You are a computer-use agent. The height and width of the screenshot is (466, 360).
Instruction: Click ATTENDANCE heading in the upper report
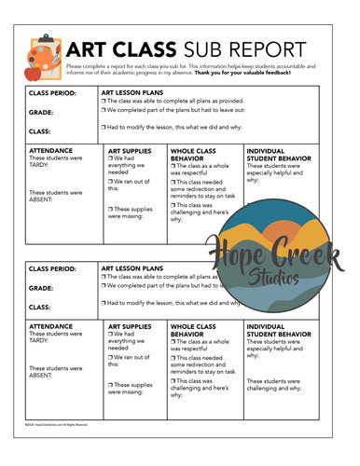click(53, 150)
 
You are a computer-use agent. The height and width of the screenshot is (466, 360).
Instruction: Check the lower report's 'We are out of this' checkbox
click(111, 358)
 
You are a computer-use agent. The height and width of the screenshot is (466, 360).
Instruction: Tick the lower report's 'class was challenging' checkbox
click(173, 380)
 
